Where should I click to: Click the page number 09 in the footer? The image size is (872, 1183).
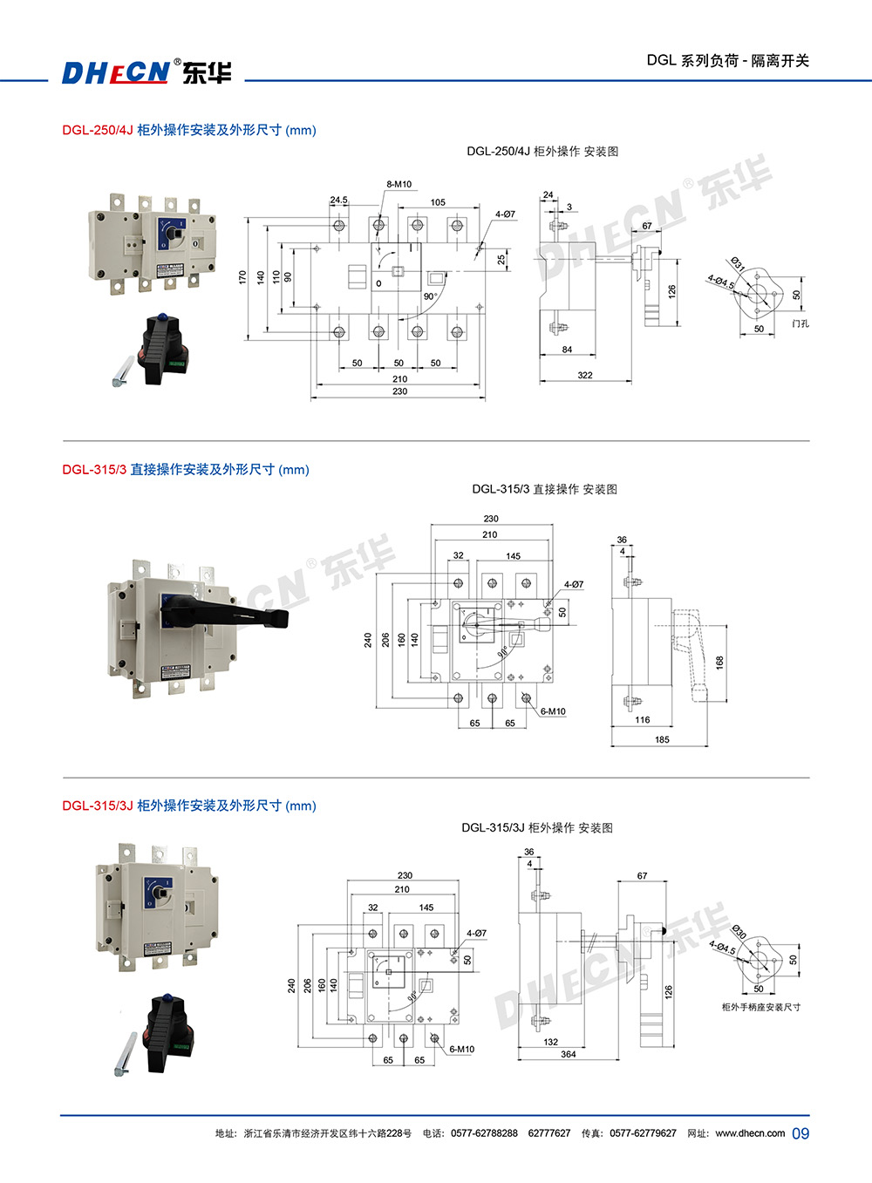pyautogui.click(x=800, y=1133)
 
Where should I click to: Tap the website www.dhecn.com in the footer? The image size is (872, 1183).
pyautogui.click(x=750, y=1133)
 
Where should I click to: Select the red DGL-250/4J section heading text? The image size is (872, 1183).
pyautogui.click(x=98, y=130)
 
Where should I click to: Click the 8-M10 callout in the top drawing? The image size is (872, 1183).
pyautogui.click(x=399, y=184)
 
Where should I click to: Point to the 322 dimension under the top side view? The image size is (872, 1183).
pyautogui.click(x=584, y=376)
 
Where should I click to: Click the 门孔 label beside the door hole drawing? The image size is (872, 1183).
pyautogui.click(x=800, y=323)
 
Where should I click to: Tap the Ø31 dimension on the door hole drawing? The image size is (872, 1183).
pyautogui.click(x=738, y=263)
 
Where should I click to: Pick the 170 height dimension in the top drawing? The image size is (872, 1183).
pyautogui.click(x=242, y=277)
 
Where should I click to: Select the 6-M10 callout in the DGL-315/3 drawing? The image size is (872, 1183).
pyautogui.click(x=553, y=711)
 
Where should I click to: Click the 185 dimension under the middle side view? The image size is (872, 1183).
pyautogui.click(x=662, y=740)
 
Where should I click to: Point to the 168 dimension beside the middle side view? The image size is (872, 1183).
pyautogui.click(x=719, y=663)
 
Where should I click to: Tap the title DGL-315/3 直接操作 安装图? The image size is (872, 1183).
pyautogui.click(x=544, y=489)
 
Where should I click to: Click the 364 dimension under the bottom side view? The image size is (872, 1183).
pyautogui.click(x=569, y=1054)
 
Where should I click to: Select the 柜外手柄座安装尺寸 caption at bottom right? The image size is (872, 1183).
pyautogui.click(x=760, y=1007)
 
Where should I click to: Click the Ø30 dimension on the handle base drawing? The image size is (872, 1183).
pyautogui.click(x=739, y=933)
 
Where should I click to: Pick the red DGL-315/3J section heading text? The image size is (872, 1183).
pyautogui.click(x=98, y=806)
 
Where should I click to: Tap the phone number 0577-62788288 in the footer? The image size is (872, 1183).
pyautogui.click(x=484, y=1133)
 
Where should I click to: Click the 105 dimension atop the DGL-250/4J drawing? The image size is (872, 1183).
pyautogui.click(x=438, y=202)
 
